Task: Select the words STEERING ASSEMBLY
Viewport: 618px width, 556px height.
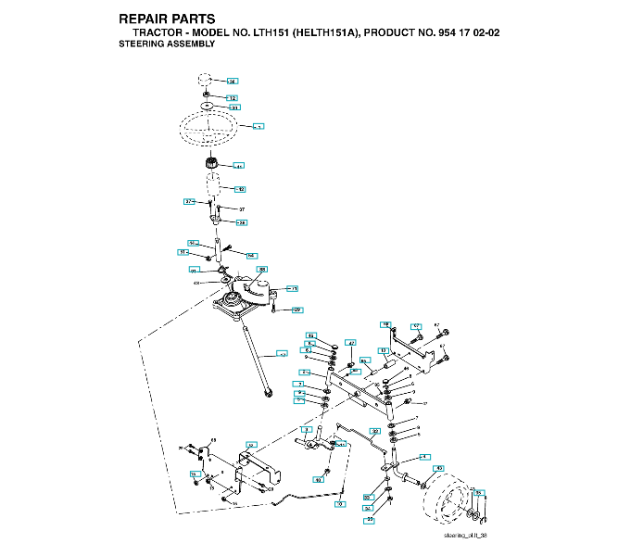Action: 168,44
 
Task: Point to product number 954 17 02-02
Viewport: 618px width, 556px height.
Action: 463,32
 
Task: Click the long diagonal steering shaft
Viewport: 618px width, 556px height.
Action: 256,357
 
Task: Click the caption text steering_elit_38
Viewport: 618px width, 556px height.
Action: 465,537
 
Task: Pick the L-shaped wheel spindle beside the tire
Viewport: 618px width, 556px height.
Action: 403,473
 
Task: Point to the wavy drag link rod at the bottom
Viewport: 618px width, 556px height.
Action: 306,494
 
